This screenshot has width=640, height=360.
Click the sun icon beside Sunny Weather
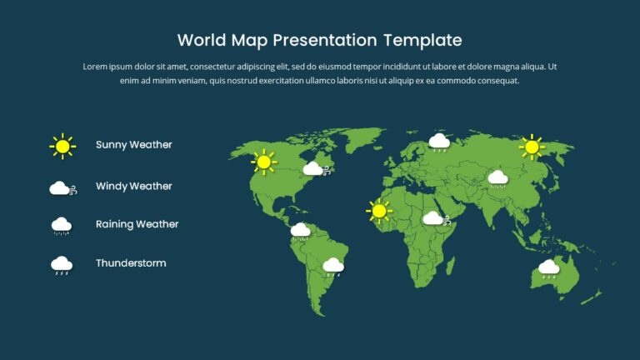62,146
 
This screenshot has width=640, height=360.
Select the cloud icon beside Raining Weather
62,225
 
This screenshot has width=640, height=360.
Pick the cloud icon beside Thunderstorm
62,265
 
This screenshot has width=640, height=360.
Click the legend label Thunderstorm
131,263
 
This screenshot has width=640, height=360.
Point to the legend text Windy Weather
133,187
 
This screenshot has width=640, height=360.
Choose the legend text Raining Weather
137,224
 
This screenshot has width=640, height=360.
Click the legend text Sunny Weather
133,145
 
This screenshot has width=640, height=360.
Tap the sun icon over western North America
264,162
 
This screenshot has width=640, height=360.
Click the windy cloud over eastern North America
315,169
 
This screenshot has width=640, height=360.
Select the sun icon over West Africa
379,211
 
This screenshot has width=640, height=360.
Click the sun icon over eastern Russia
531,147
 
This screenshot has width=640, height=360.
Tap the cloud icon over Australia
548,267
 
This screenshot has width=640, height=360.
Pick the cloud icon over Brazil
333,266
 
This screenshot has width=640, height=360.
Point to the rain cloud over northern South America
300,230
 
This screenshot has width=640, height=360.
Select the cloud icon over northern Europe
439,142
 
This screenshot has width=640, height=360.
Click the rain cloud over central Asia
497,177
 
